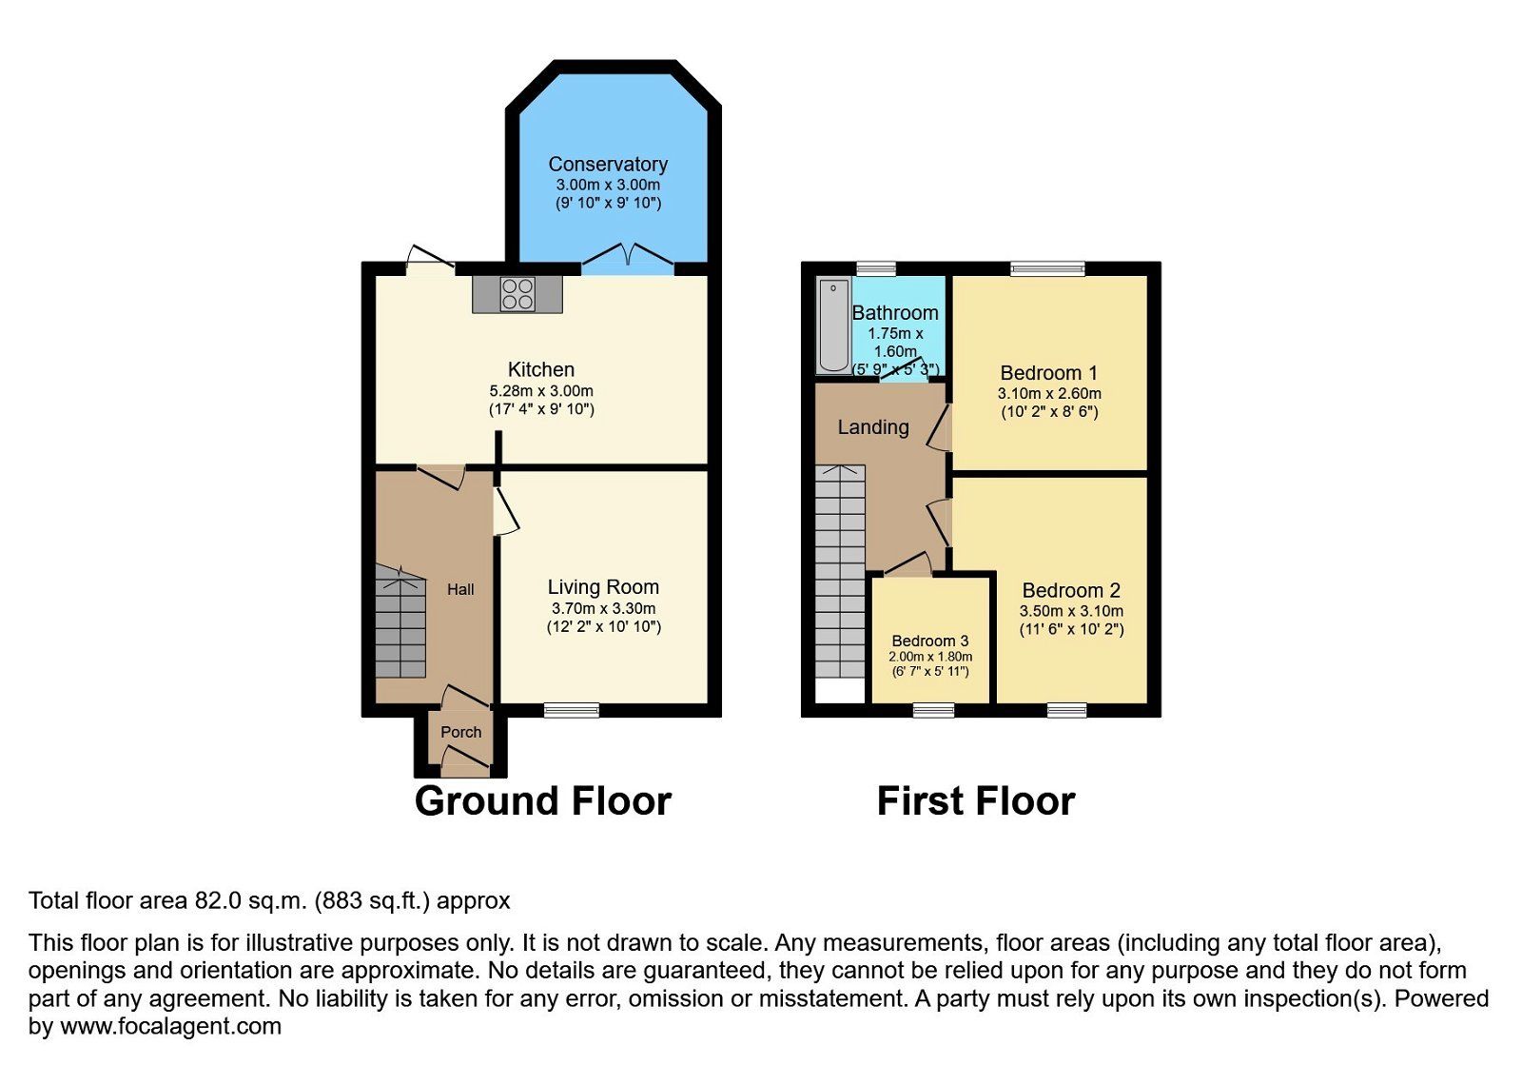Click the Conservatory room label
608,165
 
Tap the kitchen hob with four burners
517,293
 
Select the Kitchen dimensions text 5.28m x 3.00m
541,390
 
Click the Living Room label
603,587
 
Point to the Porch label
460,732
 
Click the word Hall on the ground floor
460,589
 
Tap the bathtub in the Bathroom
833,325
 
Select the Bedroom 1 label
1048,373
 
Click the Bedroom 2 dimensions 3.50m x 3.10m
1071,611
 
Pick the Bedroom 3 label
929,641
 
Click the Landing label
872,427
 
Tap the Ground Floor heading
542,801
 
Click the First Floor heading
975,801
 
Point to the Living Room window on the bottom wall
571,710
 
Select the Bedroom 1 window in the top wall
1046,268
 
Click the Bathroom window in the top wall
875,268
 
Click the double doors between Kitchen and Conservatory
628,257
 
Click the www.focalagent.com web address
171,1027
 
